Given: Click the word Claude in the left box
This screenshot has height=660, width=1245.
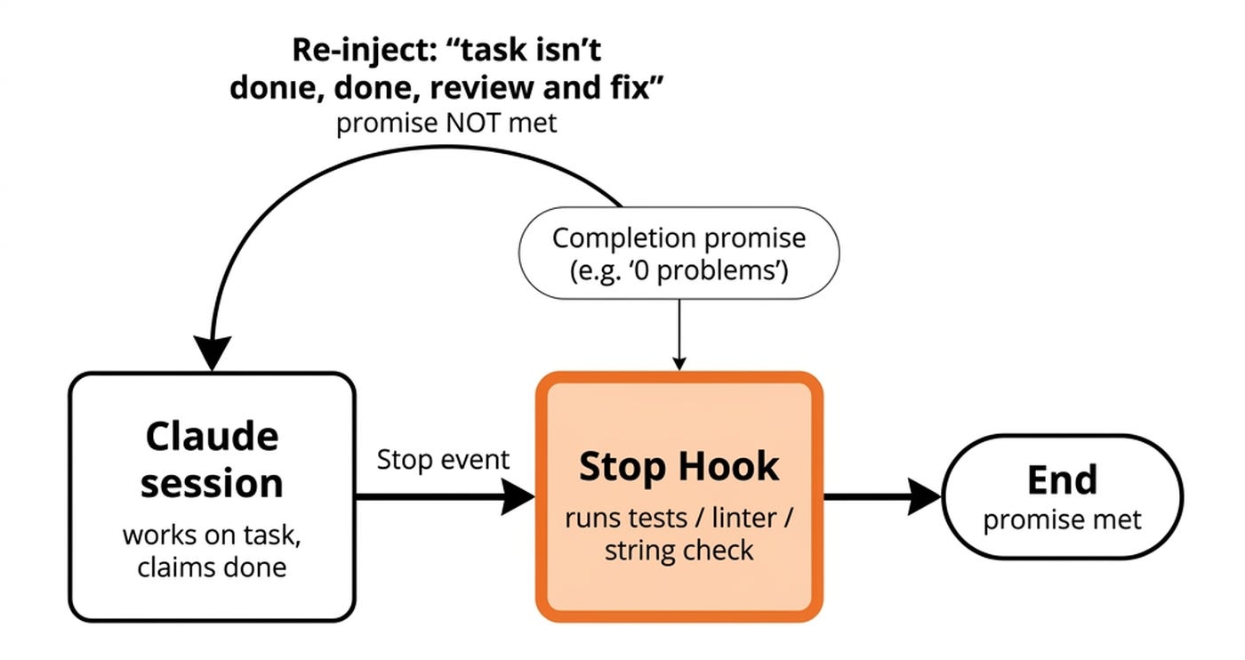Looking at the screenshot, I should click(x=212, y=437).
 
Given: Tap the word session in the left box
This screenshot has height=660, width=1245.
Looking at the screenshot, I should click(x=212, y=483).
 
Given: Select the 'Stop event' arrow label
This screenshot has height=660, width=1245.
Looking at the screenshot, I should click(x=443, y=460).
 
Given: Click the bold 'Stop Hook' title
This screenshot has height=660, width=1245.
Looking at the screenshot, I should click(x=679, y=467).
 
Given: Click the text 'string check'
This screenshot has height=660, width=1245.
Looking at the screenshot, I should click(x=679, y=550).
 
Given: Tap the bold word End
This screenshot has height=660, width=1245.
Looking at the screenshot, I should click(x=1062, y=479).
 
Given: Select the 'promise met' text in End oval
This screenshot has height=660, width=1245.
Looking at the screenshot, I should click(x=1062, y=519).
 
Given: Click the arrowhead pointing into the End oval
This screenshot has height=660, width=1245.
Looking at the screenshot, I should click(x=925, y=496).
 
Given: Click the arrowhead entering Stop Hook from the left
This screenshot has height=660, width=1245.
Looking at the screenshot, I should click(x=518, y=496).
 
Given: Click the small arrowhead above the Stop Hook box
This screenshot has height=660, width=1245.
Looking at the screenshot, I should click(x=679, y=363).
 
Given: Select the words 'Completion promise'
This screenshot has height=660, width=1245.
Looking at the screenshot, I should click(x=679, y=238).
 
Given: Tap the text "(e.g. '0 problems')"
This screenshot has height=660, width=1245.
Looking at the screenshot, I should click(x=679, y=270).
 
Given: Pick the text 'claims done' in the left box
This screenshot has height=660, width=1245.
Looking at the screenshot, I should click(x=212, y=567).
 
